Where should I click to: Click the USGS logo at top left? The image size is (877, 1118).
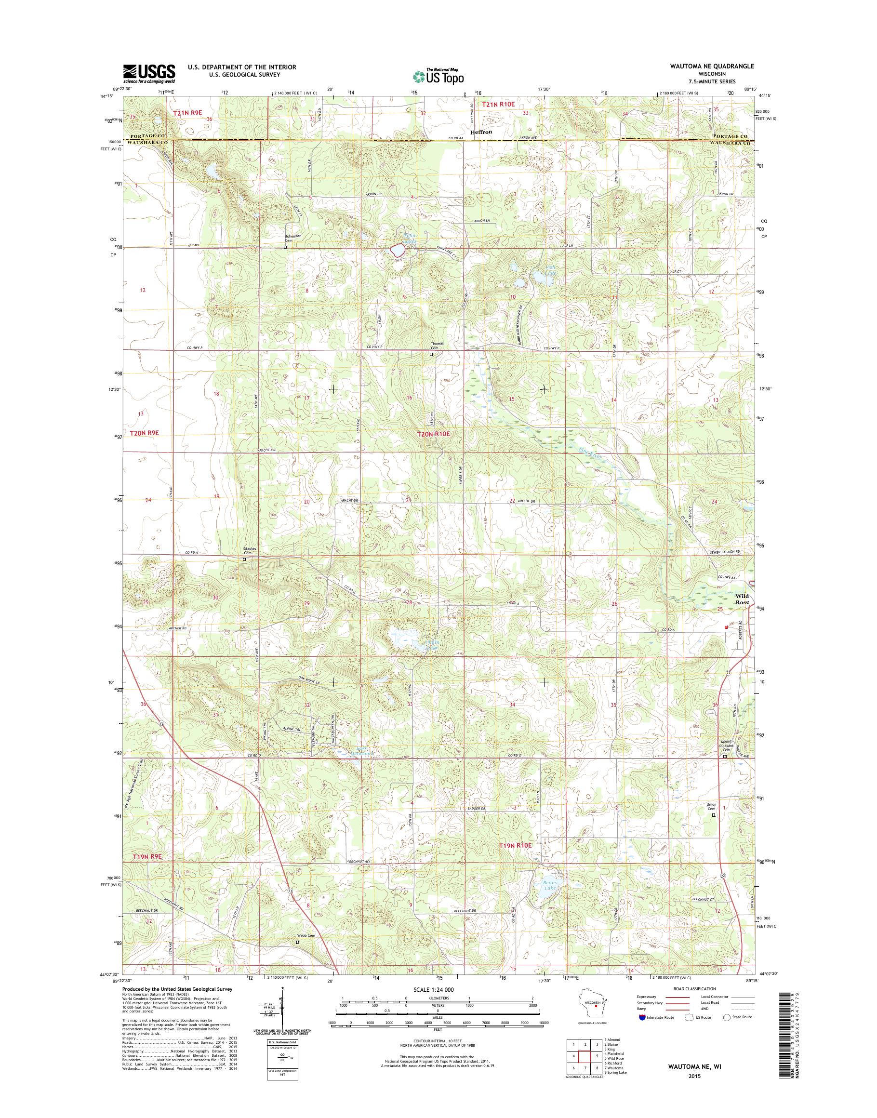(x=149, y=73)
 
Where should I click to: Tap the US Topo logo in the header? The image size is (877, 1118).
(x=438, y=77)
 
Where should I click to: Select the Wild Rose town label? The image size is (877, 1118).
(x=742, y=599)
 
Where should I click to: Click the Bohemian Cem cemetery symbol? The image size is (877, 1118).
(x=285, y=247)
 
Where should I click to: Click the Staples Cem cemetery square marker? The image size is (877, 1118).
(x=244, y=559)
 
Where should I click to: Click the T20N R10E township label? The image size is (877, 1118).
(x=434, y=434)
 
